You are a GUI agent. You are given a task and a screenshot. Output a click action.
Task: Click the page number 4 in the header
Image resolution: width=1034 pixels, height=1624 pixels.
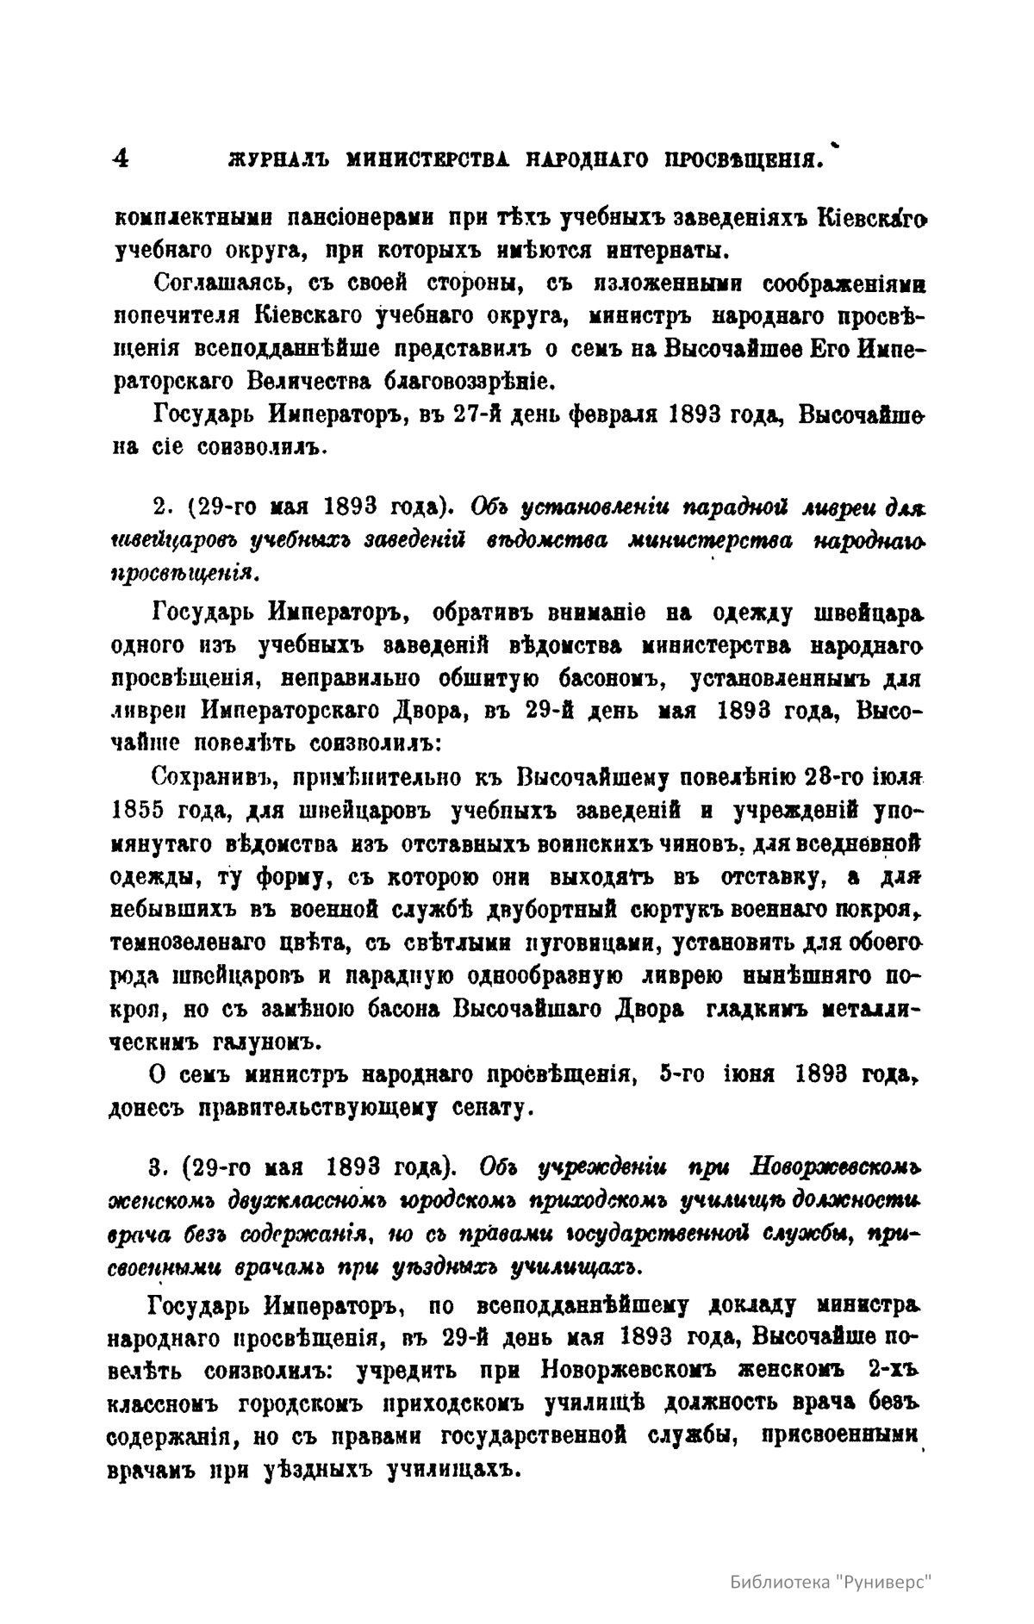tap(121, 159)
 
